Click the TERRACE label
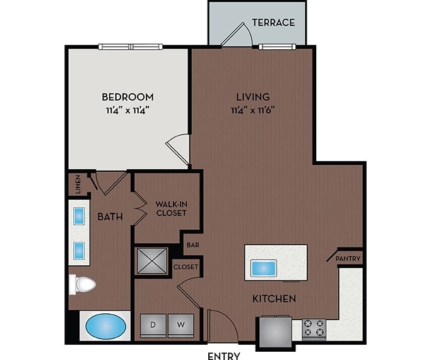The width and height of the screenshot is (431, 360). coord(273,23)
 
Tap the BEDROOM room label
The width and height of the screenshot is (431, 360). coord(128,97)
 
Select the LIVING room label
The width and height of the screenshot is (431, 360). coord(252,97)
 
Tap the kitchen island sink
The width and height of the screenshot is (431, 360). coord(261,268)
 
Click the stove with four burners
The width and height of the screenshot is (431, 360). coord(314,328)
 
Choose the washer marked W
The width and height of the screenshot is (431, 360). coord(180,325)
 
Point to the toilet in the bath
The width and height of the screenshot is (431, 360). coord(81,284)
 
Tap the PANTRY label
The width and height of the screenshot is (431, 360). coord(348,259)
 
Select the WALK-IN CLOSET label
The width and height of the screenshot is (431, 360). coord(171,208)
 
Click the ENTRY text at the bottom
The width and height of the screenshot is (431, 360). coord(223,356)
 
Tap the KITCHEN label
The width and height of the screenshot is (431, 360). coord(275,298)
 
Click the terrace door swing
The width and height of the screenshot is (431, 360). coord(237,35)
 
